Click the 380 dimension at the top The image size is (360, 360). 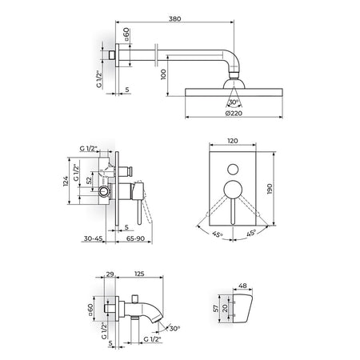(175, 19)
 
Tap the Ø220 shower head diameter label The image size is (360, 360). (234, 114)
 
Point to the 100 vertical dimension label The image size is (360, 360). (163, 74)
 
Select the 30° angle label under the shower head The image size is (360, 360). (234, 102)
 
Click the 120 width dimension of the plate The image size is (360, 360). (233, 141)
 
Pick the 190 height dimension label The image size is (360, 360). (270, 189)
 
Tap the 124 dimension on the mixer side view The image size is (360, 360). (66, 181)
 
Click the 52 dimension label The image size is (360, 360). (89, 180)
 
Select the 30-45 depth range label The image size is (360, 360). (93, 238)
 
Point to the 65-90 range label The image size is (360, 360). (135, 238)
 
